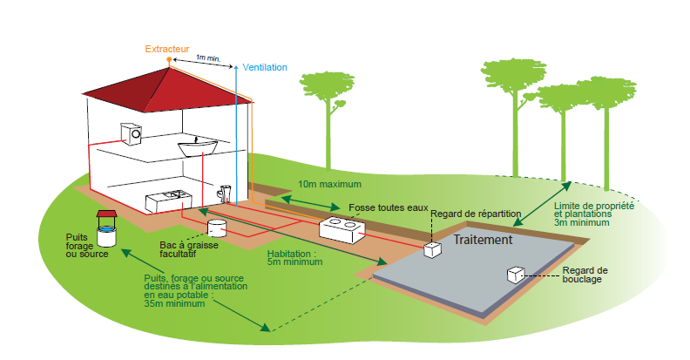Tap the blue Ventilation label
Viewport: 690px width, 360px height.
point(264,67)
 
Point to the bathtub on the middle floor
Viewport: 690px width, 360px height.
point(200,146)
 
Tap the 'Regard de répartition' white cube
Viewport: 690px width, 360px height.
point(433,249)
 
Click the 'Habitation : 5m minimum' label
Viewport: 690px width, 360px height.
point(295,258)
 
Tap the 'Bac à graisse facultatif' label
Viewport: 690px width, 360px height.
point(188,251)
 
